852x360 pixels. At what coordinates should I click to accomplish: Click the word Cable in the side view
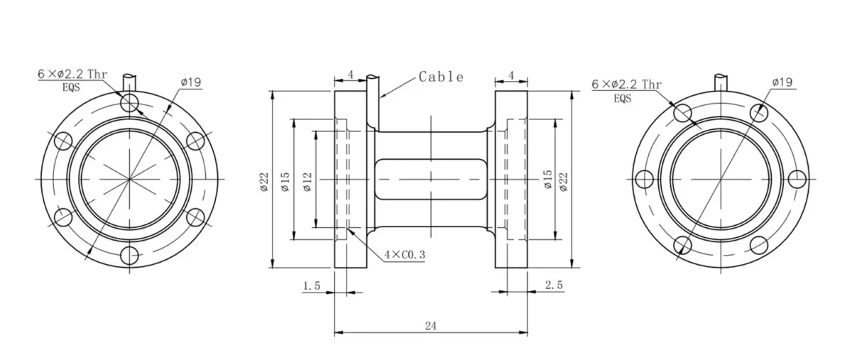(x=441, y=77)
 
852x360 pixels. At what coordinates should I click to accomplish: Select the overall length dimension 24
(x=430, y=325)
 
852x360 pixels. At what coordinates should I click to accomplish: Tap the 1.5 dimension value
(x=312, y=285)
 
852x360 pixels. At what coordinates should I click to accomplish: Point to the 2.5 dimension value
(x=554, y=285)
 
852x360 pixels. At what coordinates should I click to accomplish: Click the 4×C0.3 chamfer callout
(x=404, y=253)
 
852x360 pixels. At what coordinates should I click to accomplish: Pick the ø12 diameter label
(x=307, y=180)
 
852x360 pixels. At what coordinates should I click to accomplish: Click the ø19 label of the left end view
(x=191, y=82)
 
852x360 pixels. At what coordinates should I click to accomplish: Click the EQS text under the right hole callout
(x=622, y=98)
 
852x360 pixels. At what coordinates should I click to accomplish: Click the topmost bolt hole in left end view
(x=130, y=104)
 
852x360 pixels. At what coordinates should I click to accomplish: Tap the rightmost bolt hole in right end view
(x=797, y=179)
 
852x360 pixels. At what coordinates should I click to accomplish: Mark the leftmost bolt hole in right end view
(x=645, y=179)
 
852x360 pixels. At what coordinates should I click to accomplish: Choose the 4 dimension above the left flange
(x=350, y=74)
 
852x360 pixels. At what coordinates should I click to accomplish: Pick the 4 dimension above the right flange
(x=511, y=74)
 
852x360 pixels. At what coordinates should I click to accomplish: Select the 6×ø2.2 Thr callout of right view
(x=627, y=84)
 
